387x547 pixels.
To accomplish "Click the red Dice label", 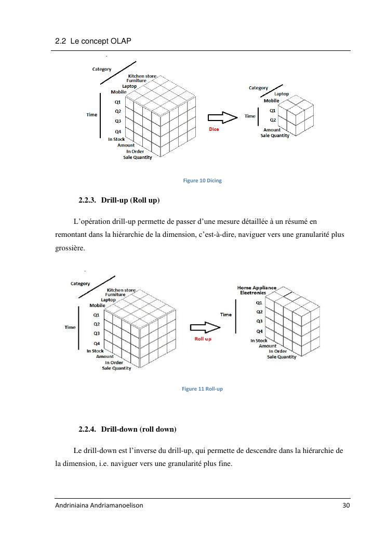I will click(213, 129).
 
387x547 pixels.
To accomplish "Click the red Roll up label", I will click(203, 339).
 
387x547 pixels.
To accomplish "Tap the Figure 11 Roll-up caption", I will click(202, 389).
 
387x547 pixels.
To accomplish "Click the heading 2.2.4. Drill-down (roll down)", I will click(128, 429).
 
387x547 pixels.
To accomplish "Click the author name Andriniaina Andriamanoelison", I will click(99, 506).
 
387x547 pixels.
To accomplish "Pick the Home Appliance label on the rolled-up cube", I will click(257, 287).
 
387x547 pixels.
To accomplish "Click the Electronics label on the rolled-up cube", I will click(253, 293).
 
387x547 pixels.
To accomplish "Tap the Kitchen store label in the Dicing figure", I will click(142, 76).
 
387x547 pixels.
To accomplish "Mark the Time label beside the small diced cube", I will click(250, 116).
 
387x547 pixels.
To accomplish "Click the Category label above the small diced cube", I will click(258, 88).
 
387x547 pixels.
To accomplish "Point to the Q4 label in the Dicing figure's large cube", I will click(118, 131).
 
